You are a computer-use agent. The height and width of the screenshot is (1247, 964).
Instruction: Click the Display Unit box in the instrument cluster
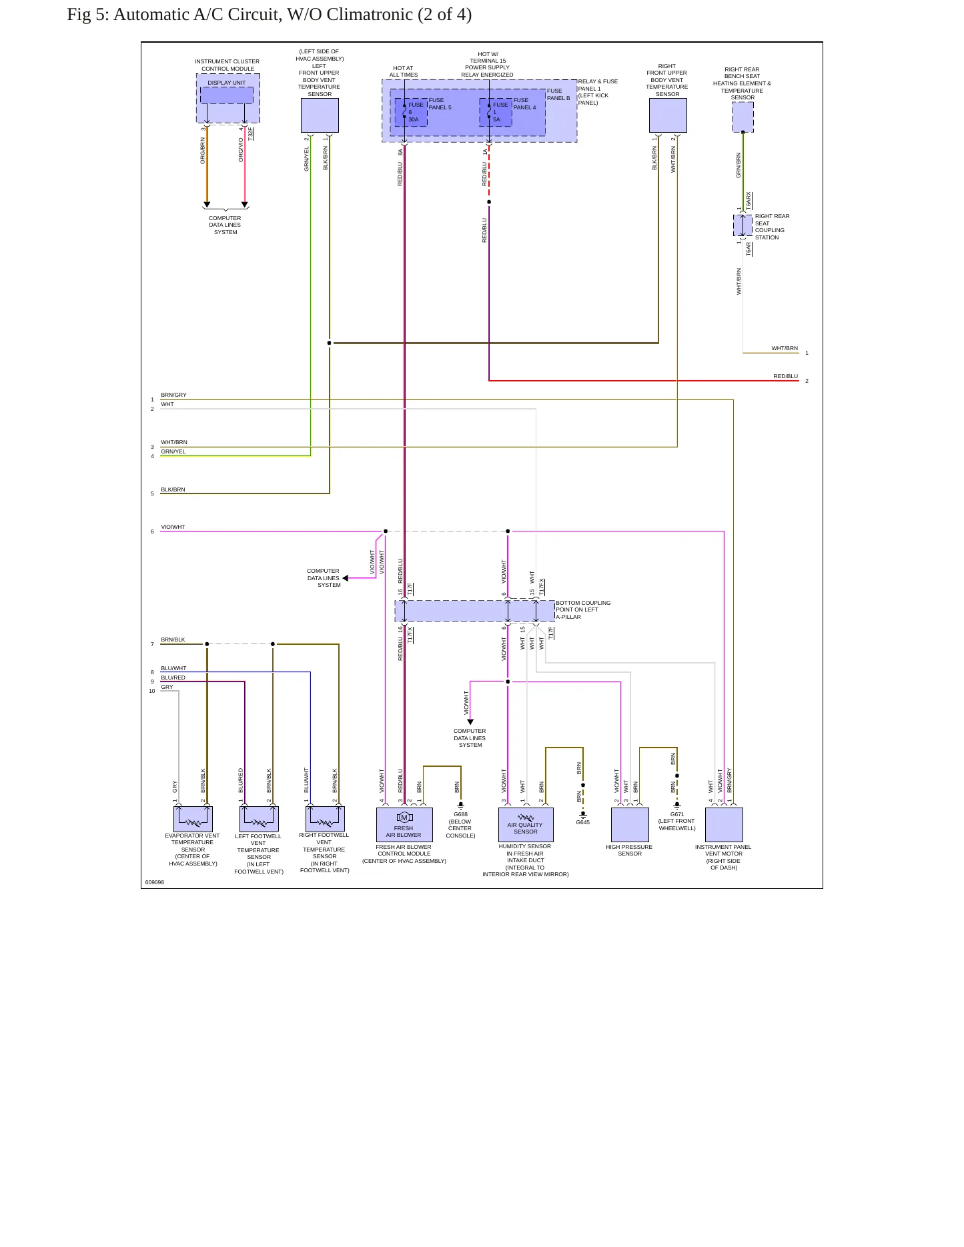coord(227,95)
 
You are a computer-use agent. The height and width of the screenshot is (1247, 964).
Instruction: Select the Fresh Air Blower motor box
coord(404,825)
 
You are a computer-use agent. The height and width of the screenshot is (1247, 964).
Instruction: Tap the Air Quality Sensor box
coord(526,825)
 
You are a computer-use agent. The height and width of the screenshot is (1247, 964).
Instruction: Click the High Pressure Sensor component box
coord(630,825)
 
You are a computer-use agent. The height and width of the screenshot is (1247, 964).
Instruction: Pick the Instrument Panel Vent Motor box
coord(724,825)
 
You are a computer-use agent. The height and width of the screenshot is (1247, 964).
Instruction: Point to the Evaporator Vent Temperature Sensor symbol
coord(193,819)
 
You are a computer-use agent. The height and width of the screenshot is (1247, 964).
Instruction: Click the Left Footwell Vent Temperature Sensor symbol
coord(259,819)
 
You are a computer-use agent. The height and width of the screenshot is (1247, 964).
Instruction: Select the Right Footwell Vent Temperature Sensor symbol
coord(325,819)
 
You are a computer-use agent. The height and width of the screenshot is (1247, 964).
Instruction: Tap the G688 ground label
coord(460,814)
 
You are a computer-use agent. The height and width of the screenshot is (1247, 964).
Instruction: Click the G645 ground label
coord(583,822)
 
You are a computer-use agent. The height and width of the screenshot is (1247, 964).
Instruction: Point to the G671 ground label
coord(677,814)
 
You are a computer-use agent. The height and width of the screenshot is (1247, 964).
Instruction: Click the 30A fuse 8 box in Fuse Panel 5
coord(411,112)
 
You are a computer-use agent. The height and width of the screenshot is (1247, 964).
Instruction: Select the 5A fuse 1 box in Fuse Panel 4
coord(496,112)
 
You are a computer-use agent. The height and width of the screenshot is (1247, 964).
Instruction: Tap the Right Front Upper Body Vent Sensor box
coord(668,115)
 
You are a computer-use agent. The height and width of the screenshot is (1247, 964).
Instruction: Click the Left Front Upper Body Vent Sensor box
coord(320,115)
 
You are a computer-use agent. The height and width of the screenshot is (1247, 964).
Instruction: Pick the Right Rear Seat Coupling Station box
coord(743,225)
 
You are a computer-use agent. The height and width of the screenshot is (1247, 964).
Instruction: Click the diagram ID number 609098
coord(155,882)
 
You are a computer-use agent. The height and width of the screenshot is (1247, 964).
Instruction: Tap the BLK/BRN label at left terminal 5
coord(173,489)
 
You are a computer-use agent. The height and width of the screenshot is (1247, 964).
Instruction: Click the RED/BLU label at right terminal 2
coord(786,376)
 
